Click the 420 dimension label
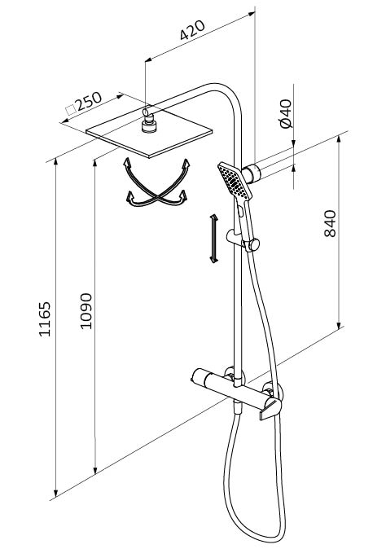(192, 30)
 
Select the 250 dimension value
(89, 102)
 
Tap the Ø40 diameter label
(286, 113)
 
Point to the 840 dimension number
(330, 224)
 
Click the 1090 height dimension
(86, 311)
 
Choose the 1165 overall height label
(45, 319)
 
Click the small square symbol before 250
(71, 110)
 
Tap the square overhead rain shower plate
(149, 134)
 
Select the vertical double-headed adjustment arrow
(213, 239)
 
